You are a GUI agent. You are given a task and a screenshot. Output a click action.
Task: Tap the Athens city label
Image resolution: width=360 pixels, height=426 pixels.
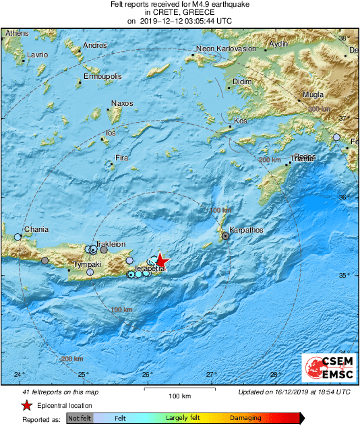tap(17, 33)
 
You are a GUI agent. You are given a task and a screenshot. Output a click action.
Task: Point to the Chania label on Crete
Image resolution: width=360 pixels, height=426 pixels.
tap(36, 230)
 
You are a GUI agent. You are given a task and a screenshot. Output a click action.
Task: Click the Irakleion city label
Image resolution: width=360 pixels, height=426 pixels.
tap(111, 243)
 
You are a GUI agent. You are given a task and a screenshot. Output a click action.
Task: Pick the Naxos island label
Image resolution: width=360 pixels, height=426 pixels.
tap(121, 104)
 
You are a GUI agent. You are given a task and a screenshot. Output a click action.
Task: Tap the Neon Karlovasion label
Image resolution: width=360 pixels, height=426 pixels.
tap(226, 49)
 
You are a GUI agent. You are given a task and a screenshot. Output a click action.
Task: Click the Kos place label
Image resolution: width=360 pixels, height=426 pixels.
tap(240, 121)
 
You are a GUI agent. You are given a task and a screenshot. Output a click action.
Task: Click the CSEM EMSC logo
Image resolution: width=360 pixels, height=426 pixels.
tap(325, 370)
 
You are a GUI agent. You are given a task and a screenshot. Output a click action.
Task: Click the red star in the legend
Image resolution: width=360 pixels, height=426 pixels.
tap(26, 405)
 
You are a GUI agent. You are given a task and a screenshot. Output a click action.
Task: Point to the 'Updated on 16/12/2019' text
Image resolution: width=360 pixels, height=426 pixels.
tap(294, 392)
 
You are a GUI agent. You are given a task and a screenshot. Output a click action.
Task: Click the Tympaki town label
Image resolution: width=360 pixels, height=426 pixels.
tap(88, 265)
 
